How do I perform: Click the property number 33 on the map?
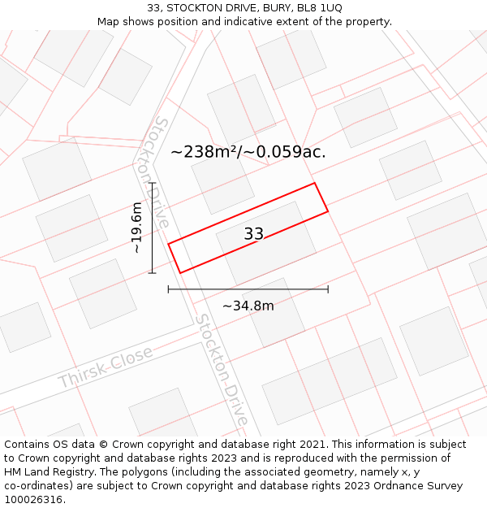[254, 234]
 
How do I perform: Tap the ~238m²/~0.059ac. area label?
[248, 152]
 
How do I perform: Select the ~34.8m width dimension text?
[248, 306]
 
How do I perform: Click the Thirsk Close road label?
[106, 368]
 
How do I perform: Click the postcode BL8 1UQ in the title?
[320, 7]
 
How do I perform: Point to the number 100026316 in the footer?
[33, 500]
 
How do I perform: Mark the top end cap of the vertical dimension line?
[152, 184]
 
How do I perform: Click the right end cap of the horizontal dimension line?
[328, 289]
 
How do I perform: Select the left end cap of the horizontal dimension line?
[168, 289]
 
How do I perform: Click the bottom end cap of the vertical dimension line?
[152, 273]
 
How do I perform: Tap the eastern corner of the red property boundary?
[328, 211]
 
